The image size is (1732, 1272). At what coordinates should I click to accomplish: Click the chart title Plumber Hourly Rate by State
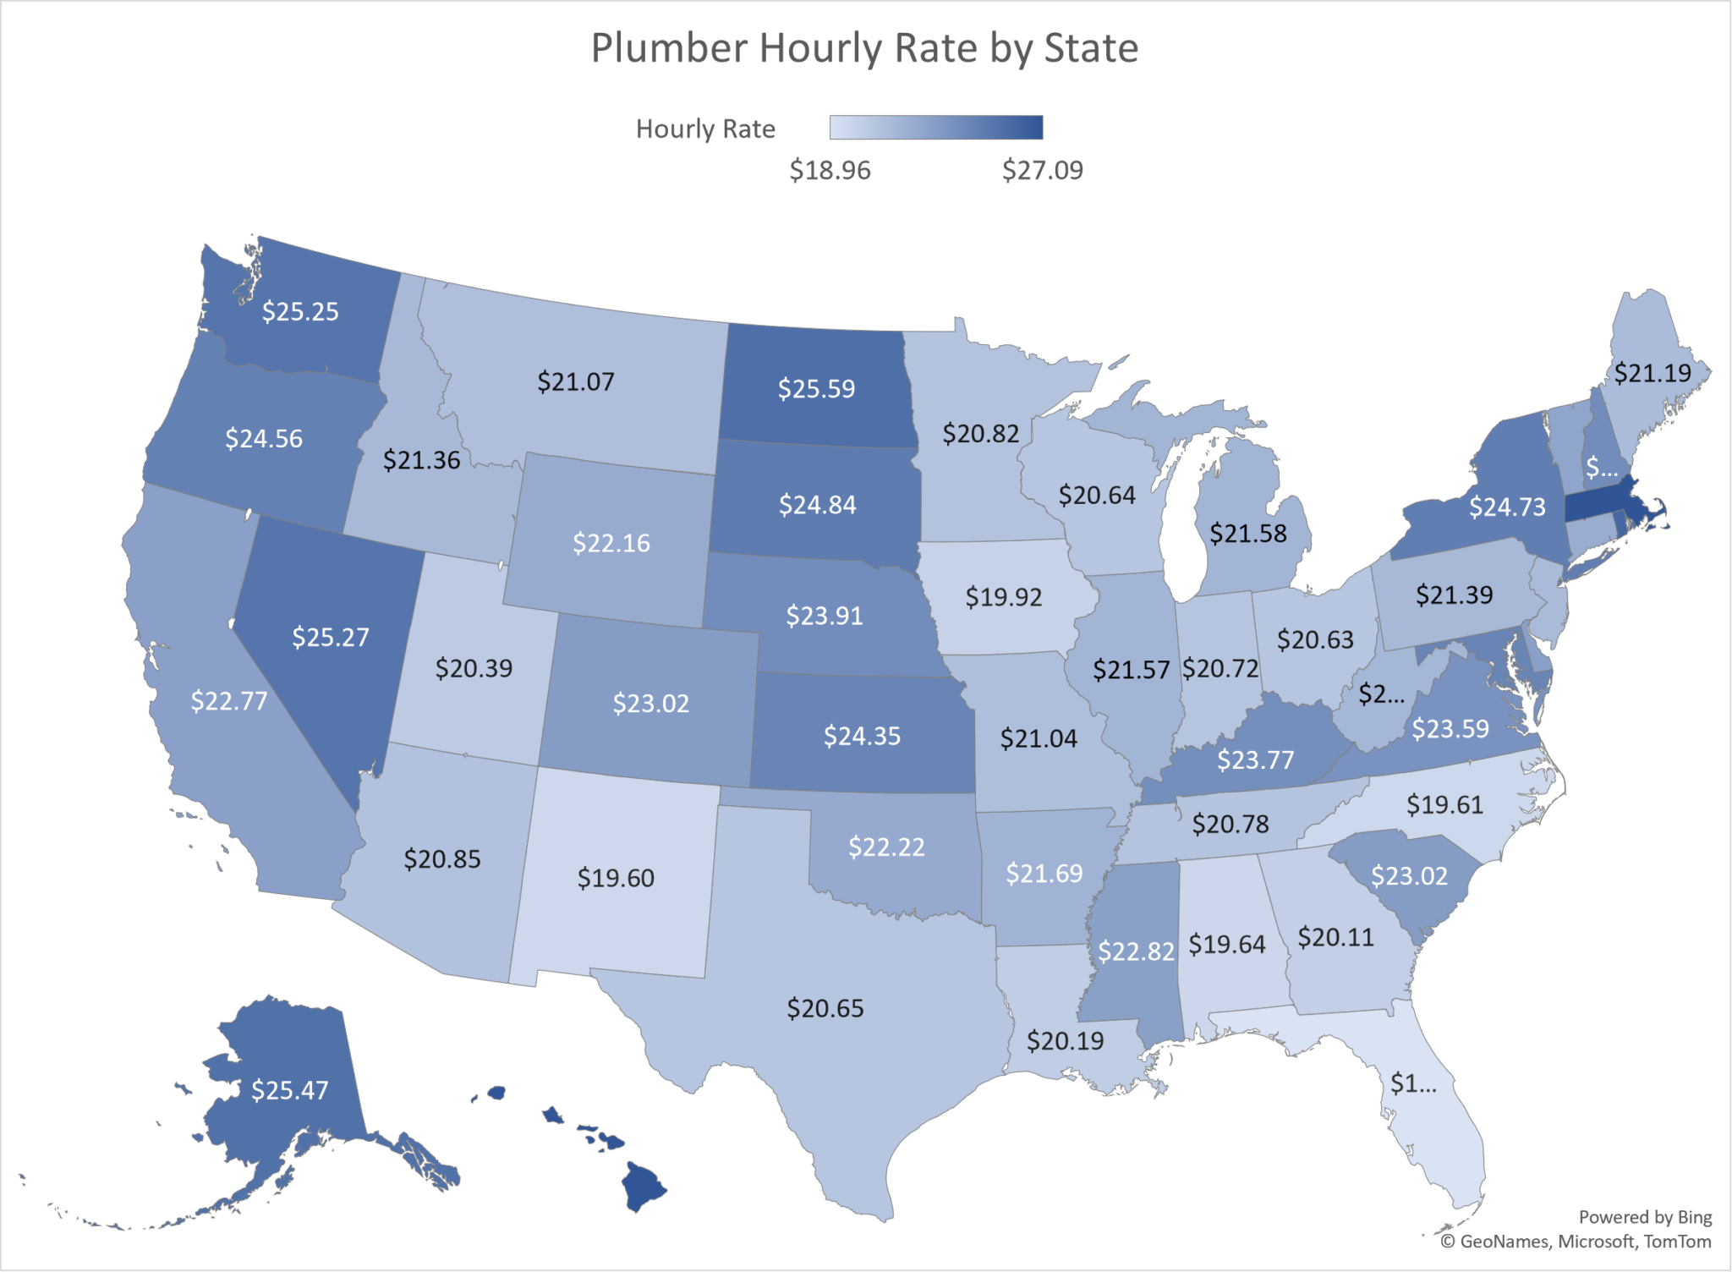(x=864, y=48)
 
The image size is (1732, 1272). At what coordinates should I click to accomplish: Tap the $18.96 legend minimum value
(x=830, y=171)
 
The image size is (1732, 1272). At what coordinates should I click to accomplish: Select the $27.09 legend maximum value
(x=1042, y=171)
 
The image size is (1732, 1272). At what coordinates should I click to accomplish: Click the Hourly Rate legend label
(x=705, y=129)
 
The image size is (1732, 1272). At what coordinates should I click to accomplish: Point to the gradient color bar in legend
(x=936, y=128)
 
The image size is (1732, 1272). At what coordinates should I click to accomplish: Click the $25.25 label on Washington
(x=300, y=312)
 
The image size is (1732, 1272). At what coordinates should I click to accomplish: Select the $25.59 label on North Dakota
(x=816, y=389)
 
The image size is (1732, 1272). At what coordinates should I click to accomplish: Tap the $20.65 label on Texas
(x=825, y=1009)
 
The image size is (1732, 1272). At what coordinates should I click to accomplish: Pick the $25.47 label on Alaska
(x=289, y=1091)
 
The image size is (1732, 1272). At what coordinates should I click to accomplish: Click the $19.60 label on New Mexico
(x=616, y=879)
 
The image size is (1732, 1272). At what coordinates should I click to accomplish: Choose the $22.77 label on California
(x=228, y=702)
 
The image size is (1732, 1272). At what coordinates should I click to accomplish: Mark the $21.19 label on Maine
(x=1653, y=374)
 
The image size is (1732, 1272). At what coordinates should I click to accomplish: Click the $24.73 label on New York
(x=1507, y=507)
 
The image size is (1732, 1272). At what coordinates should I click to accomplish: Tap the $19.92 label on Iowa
(x=1004, y=598)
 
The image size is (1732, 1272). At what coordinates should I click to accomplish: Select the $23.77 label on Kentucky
(x=1255, y=760)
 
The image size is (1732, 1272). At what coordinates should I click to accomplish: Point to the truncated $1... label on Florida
(x=1413, y=1083)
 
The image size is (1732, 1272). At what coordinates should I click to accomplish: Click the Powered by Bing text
(x=1645, y=1217)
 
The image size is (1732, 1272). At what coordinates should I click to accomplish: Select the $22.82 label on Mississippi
(x=1136, y=952)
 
